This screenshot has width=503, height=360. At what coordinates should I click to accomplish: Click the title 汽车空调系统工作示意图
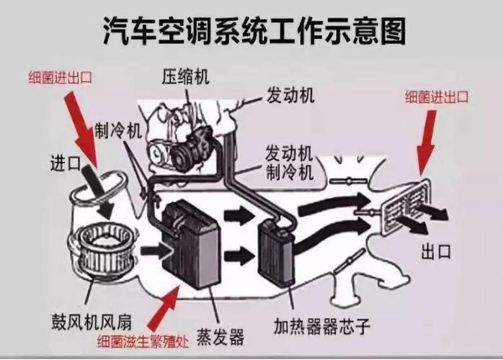click(x=251, y=30)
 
